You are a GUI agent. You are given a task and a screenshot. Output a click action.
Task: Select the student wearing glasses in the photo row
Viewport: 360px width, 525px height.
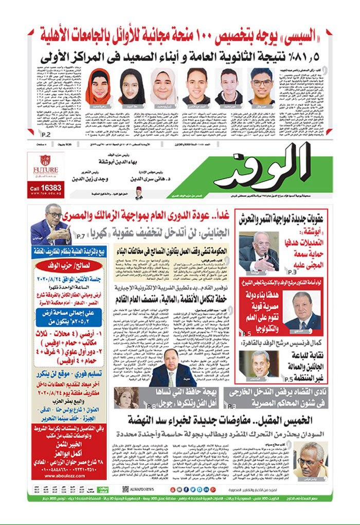(262, 86)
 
